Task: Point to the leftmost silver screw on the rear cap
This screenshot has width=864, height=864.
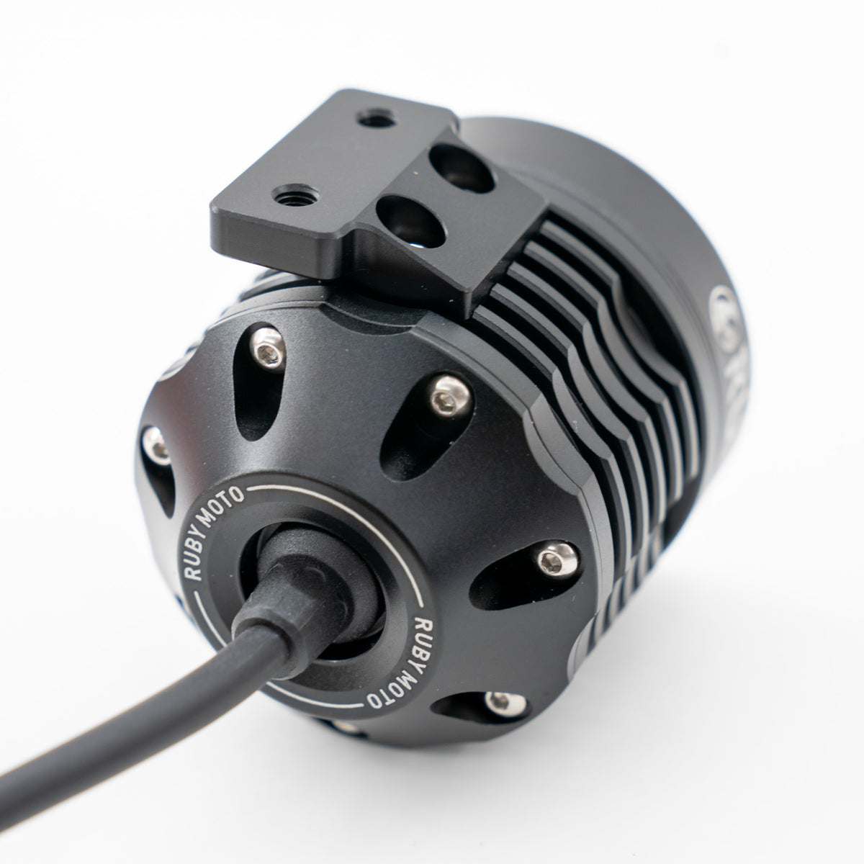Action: click(153, 441)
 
